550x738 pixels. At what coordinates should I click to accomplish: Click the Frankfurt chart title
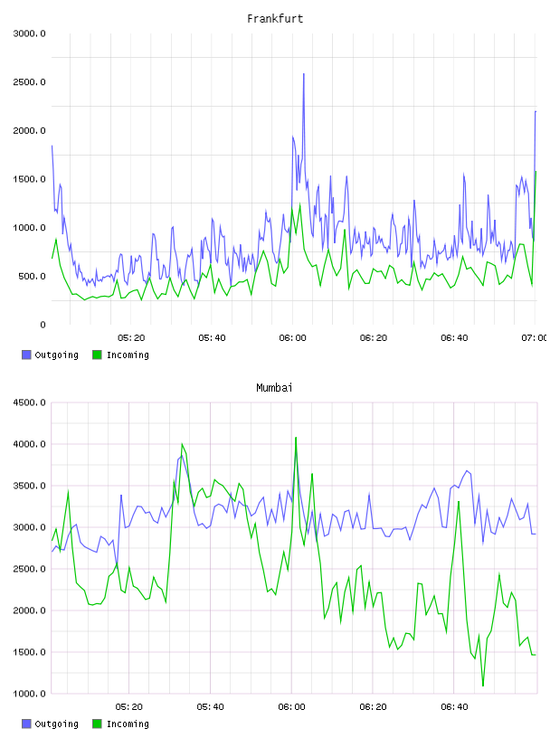click(x=275, y=19)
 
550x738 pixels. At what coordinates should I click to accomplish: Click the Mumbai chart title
click(x=274, y=388)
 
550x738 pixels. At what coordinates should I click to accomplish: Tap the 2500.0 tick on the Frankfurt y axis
click(x=29, y=82)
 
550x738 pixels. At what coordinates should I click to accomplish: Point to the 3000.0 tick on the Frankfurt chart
click(x=29, y=33)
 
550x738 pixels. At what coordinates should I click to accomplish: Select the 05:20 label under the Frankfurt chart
click(x=131, y=337)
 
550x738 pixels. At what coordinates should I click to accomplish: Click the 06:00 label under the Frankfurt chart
click(x=292, y=337)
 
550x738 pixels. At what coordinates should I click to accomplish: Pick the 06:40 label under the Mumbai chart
click(x=454, y=706)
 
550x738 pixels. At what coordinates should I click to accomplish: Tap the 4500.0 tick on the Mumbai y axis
click(x=29, y=402)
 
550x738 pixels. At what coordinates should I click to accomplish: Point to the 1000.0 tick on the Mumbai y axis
click(x=29, y=694)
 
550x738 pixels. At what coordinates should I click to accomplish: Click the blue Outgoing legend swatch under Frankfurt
click(x=26, y=355)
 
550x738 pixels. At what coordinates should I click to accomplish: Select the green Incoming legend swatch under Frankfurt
click(x=97, y=355)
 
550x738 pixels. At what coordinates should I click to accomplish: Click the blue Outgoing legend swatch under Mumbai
click(x=26, y=724)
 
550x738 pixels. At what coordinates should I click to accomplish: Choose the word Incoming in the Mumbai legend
click(x=128, y=724)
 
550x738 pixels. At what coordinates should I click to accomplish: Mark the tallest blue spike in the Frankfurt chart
click(x=304, y=74)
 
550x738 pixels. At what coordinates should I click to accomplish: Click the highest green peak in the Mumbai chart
click(x=296, y=438)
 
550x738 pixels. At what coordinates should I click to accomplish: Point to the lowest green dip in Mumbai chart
click(x=483, y=686)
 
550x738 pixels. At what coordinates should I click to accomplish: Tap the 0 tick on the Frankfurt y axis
click(x=43, y=325)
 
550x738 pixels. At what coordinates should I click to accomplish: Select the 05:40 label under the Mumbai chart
click(x=211, y=706)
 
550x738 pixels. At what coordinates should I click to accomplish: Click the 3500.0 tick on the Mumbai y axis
click(x=29, y=486)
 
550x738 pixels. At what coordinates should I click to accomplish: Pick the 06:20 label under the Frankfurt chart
click(x=374, y=337)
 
